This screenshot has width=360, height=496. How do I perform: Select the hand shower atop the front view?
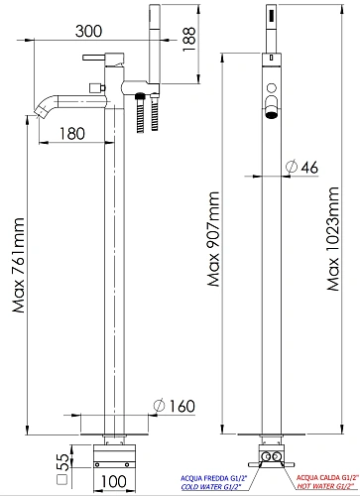click(271, 30)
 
